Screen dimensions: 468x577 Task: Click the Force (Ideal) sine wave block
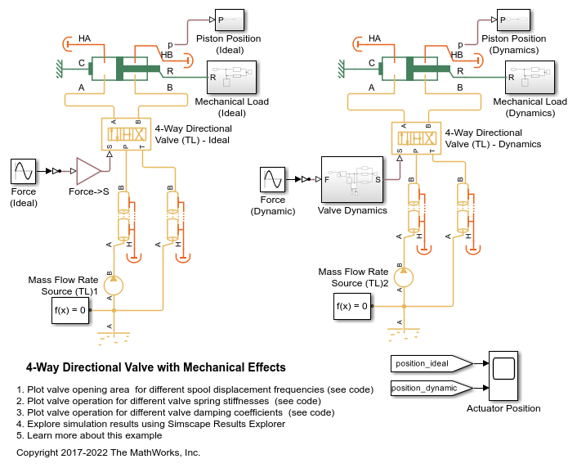point(24,173)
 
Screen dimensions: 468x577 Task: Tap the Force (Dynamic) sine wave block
point(273,180)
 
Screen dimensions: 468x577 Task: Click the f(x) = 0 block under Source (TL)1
point(70,310)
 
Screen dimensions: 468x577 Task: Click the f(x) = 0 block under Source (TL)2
point(353,308)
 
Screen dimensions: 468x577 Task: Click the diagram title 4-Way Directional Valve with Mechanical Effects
point(156,367)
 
